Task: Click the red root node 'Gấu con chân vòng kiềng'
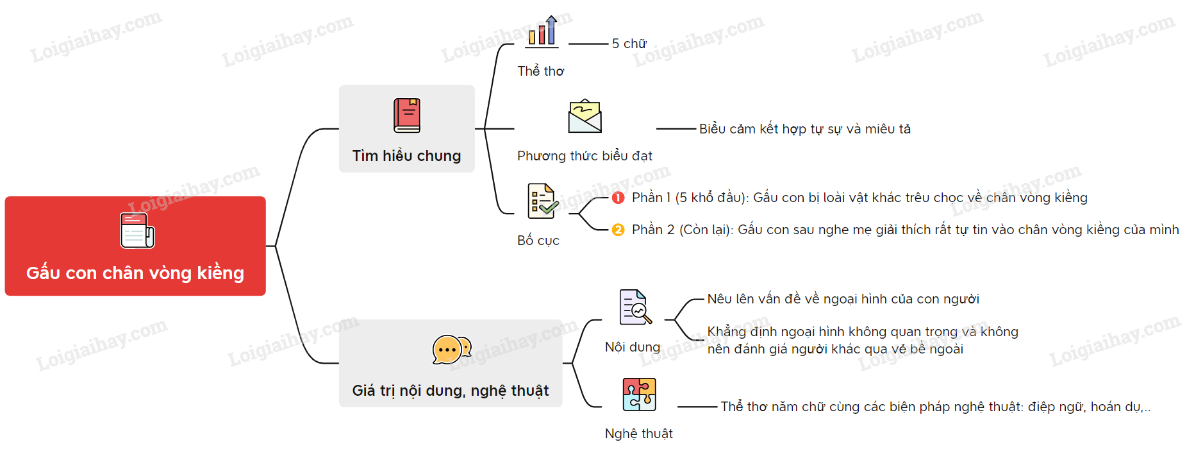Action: pyautogui.click(x=135, y=246)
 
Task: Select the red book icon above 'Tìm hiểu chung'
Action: pyautogui.click(x=407, y=115)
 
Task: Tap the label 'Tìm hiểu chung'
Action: pyautogui.click(x=407, y=156)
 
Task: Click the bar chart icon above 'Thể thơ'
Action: pyautogui.click(x=542, y=31)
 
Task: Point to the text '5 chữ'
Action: pyautogui.click(x=629, y=44)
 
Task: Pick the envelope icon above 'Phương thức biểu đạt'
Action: pyautogui.click(x=585, y=116)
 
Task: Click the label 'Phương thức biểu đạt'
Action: pyautogui.click(x=585, y=156)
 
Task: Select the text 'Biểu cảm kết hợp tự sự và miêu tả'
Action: pyautogui.click(x=805, y=129)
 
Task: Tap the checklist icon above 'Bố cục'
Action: pyautogui.click(x=542, y=200)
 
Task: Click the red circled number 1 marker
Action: pyautogui.click(x=618, y=198)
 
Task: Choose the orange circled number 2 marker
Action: pyautogui.click(x=618, y=230)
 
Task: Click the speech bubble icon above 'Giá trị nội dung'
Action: pyautogui.click(x=452, y=350)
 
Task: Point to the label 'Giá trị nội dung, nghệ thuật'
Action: pyautogui.click(x=451, y=391)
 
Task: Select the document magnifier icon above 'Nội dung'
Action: pyautogui.click(x=635, y=307)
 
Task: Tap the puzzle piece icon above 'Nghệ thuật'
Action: pyautogui.click(x=640, y=394)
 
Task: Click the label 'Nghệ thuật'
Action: pyautogui.click(x=639, y=434)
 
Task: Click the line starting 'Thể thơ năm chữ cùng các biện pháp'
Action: pyautogui.click(x=936, y=407)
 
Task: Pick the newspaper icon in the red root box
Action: pyautogui.click(x=137, y=230)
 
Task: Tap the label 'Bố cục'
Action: pyautogui.click(x=538, y=241)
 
